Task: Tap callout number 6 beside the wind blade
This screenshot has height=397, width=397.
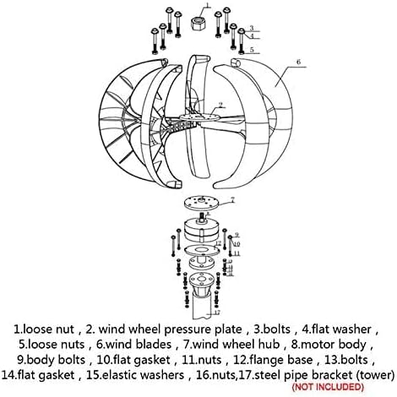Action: click(x=299, y=62)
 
